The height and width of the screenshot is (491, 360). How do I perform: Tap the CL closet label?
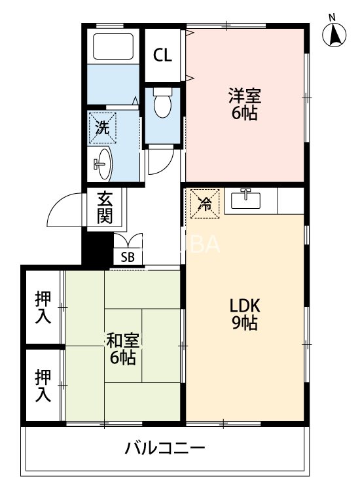click(x=163, y=55)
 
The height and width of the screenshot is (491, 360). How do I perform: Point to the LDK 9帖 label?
click(x=245, y=314)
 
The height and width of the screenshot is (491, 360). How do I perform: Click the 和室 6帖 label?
click(x=122, y=348)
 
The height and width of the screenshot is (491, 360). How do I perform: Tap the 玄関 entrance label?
click(x=105, y=207)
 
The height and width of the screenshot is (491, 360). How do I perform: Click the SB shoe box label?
click(x=128, y=257)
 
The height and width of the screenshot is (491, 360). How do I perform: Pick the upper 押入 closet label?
click(x=43, y=306)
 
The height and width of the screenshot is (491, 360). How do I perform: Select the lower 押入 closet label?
click(x=43, y=386)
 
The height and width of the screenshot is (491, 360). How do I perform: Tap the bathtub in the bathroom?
click(x=113, y=47)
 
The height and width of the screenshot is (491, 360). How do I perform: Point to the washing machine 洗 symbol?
click(x=102, y=128)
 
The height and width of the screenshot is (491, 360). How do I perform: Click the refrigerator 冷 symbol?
click(x=204, y=203)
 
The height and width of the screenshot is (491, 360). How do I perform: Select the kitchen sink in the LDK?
click(x=247, y=199)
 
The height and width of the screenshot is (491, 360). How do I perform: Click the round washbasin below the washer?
click(x=101, y=163)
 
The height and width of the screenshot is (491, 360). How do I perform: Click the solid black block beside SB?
click(x=97, y=246)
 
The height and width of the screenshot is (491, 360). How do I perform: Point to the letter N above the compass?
click(x=332, y=17)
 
